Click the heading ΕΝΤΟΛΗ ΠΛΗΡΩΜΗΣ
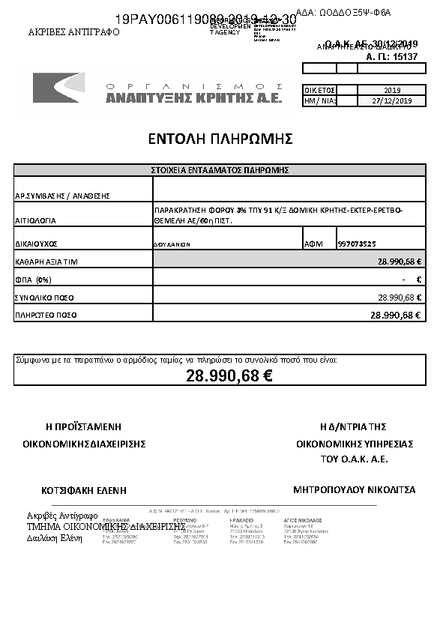click(220, 139)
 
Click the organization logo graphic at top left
click(58, 88)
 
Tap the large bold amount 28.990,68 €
click(229, 376)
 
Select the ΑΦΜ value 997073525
click(357, 244)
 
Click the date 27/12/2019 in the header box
click(392, 100)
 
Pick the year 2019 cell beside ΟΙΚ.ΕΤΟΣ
click(392, 90)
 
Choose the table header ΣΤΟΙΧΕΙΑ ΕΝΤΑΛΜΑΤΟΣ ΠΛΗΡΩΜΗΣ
click(220, 171)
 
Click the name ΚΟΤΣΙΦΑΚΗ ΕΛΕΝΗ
click(84, 491)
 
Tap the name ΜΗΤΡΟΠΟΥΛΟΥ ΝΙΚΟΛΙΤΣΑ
click(354, 490)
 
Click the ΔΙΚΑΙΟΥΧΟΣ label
click(36, 244)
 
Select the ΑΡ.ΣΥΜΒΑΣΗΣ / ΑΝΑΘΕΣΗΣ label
click(62, 196)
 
